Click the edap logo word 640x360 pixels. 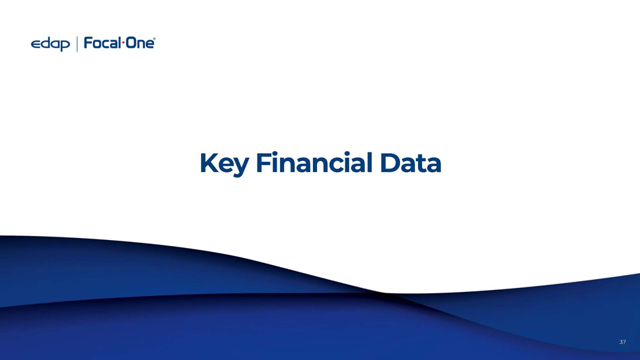[x=50, y=44]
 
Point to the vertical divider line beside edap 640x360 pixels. [x=77, y=44]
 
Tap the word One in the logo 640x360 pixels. [x=139, y=43]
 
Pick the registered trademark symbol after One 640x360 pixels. [x=154, y=39]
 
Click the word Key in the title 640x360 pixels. [x=224, y=164]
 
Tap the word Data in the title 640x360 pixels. [x=411, y=163]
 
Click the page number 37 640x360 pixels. [x=622, y=342]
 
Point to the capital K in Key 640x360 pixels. [x=209, y=162]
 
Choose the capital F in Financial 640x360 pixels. [x=264, y=162]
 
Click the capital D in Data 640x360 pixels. [x=390, y=162]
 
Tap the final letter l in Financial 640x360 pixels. [x=369, y=162]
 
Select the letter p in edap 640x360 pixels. [x=65, y=45]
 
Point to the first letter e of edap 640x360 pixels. [x=36, y=44]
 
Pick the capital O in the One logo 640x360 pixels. [x=130, y=43]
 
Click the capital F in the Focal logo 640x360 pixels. [x=88, y=43]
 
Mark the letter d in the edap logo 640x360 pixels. [x=45, y=43]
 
